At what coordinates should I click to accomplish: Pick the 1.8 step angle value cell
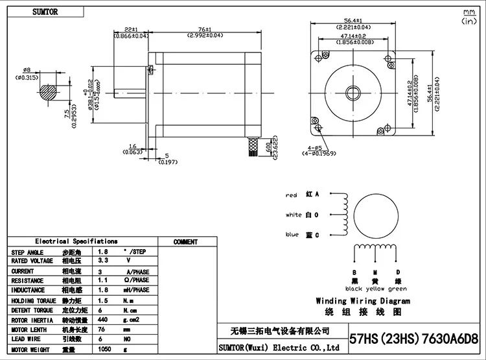click(x=102, y=252)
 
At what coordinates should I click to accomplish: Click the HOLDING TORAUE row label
click(x=32, y=300)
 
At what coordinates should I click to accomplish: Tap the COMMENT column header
click(x=186, y=242)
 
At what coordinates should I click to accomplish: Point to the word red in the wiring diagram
click(x=291, y=195)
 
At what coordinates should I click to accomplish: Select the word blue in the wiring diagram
click(x=292, y=234)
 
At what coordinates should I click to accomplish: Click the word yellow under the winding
click(x=375, y=289)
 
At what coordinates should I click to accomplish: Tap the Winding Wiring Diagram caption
click(x=363, y=301)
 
